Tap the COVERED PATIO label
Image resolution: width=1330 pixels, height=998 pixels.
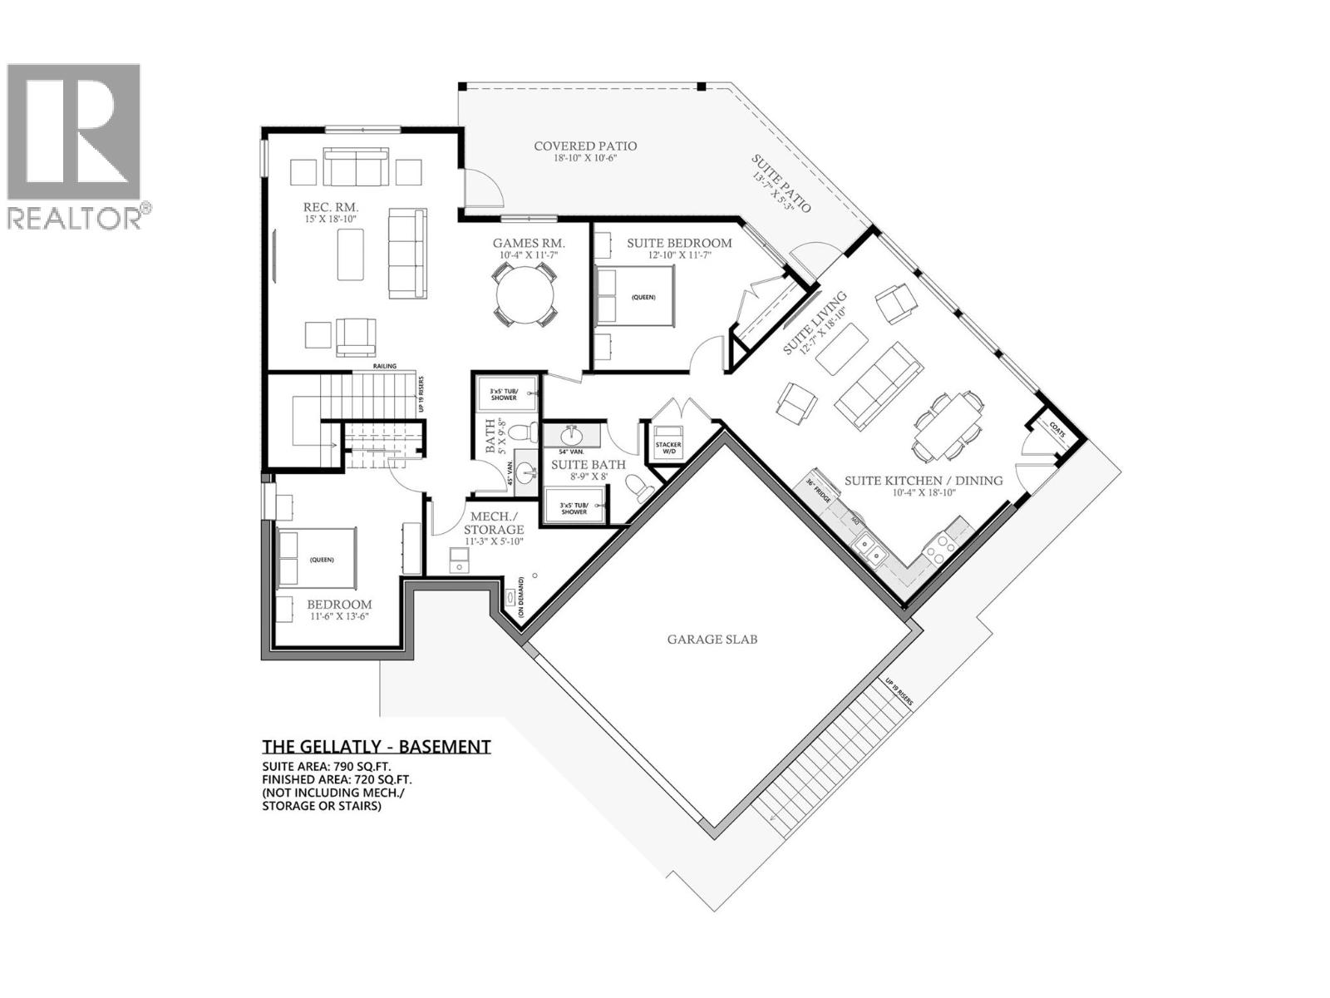[x=585, y=146]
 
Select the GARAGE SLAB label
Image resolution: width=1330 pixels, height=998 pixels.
[x=712, y=640]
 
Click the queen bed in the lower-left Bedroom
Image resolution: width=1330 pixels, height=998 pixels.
[x=316, y=559]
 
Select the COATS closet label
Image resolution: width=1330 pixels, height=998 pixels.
[x=1057, y=430]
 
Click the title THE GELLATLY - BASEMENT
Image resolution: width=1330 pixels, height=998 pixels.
[x=377, y=746]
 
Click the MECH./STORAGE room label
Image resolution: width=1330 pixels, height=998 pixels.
[x=493, y=523]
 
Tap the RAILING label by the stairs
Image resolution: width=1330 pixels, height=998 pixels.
[x=385, y=365]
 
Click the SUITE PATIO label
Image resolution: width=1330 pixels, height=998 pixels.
[x=781, y=183]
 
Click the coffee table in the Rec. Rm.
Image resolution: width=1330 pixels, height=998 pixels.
[x=351, y=254]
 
